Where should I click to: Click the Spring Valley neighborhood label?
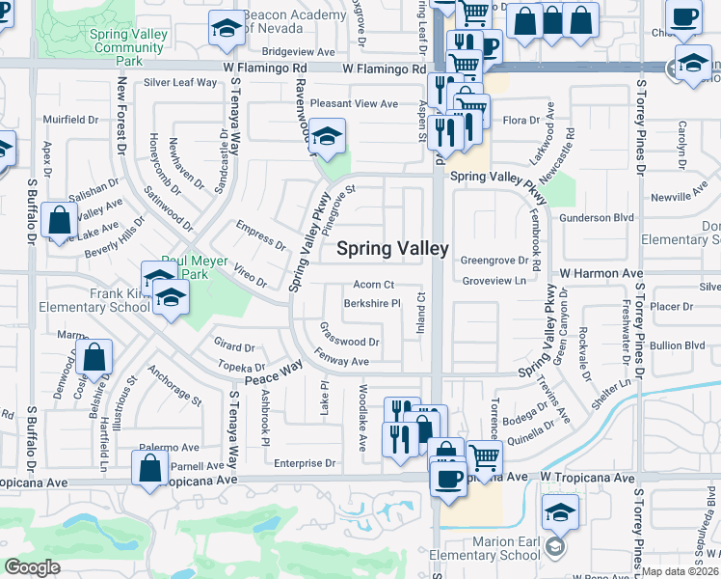tap(392, 248)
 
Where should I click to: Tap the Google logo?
tap(32, 567)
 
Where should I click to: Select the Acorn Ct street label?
tap(374, 285)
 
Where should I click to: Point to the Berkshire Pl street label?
tap(372, 303)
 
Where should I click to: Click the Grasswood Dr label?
tap(349, 342)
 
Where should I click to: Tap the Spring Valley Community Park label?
tap(127, 46)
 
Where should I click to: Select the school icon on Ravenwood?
tap(328, 137)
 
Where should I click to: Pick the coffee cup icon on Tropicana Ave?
tap(448, 480)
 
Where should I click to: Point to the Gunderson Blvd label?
tap(597, 218)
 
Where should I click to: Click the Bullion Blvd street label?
tap(678, 345)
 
